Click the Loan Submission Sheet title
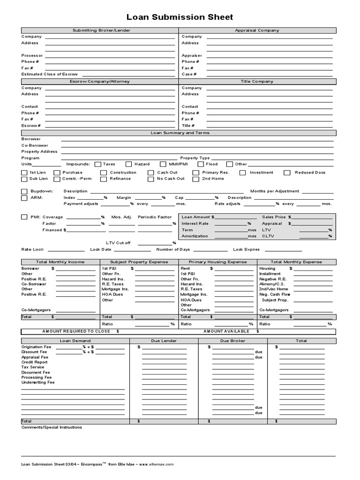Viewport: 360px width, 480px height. (180, 17)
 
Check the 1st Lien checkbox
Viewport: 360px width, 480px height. (24, 172)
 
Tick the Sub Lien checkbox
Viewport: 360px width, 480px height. (24, 179)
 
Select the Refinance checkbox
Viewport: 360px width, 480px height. (103, 179)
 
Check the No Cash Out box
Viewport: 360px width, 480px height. (150, 179)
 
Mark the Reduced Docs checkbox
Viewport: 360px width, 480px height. (287, 172)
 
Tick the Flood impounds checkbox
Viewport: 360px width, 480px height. (201, 165)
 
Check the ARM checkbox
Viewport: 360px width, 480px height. (24, 198)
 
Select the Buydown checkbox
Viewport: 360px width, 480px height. (24, 191)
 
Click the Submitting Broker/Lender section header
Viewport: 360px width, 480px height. (101, 30)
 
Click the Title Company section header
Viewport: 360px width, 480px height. (257, 82)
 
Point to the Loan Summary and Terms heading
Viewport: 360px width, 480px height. (180, 133)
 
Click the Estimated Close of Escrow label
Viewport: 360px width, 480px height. (49, 74)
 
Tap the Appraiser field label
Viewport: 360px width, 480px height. (192, 55)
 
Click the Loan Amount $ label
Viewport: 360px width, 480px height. (198, 217)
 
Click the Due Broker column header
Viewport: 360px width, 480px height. (232, 341)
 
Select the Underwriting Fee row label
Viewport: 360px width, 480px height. (38, 382)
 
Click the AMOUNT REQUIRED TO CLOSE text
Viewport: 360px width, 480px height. (76, 331)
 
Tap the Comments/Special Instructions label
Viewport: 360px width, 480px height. (52, 427)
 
